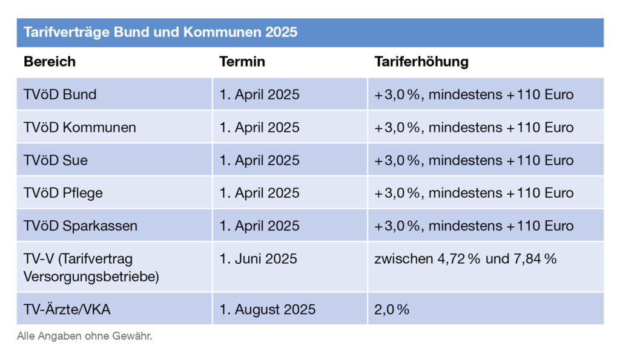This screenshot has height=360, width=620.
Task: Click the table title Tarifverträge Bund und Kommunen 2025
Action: tap(160, 32)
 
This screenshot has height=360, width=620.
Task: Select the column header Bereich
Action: tap(50, 62)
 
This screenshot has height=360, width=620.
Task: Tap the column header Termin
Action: tap(242, 62)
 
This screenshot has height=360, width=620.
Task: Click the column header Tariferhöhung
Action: tap(421, 62)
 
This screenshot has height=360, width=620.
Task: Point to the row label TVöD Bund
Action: tap(60, 95)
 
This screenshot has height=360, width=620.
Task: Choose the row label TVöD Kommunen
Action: tap(80, 128)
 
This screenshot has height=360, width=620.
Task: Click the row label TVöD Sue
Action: tap(56, 160)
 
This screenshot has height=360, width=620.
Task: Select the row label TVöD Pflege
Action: tap(63, 193)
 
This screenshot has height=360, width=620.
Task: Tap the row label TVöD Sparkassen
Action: tap(81, 226)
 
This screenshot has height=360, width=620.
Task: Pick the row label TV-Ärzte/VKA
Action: tap(67, 309)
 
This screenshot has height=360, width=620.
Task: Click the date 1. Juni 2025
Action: tap(259, 259)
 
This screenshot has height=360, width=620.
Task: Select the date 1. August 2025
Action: tap(268, 309)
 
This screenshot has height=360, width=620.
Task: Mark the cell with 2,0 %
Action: tap(392, 309)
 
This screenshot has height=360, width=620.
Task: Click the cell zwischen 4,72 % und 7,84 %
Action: tap(465, 259)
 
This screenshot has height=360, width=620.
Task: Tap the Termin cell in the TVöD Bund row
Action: tap(260, 95)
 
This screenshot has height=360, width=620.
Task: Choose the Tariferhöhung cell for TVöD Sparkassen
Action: tap(474, 226)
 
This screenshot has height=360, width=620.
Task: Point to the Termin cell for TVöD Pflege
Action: tap(260, 193)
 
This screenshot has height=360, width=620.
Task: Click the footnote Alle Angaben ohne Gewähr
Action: tap(85, 336)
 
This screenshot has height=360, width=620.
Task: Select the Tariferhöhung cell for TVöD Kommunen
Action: tap(474, 128)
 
